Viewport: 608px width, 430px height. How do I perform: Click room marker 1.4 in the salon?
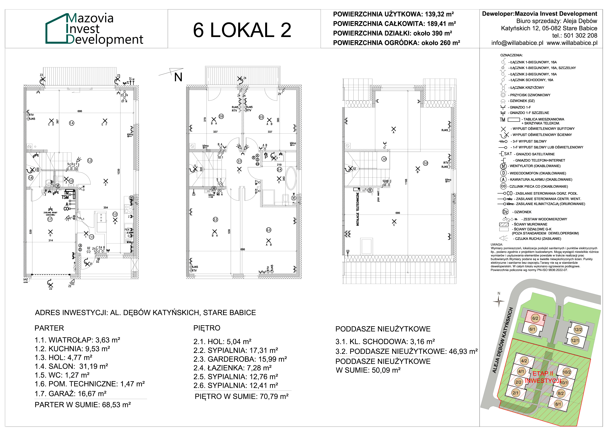coord(72,123)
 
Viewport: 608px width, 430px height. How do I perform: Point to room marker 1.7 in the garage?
coord(50,219)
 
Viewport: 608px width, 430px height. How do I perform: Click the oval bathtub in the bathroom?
coord(291,178)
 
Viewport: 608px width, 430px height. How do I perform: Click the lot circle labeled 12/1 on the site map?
coord(575,340)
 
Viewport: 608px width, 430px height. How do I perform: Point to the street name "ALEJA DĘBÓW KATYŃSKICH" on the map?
coord(503,340)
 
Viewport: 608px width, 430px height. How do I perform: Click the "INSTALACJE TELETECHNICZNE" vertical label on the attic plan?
coord(358,209)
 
